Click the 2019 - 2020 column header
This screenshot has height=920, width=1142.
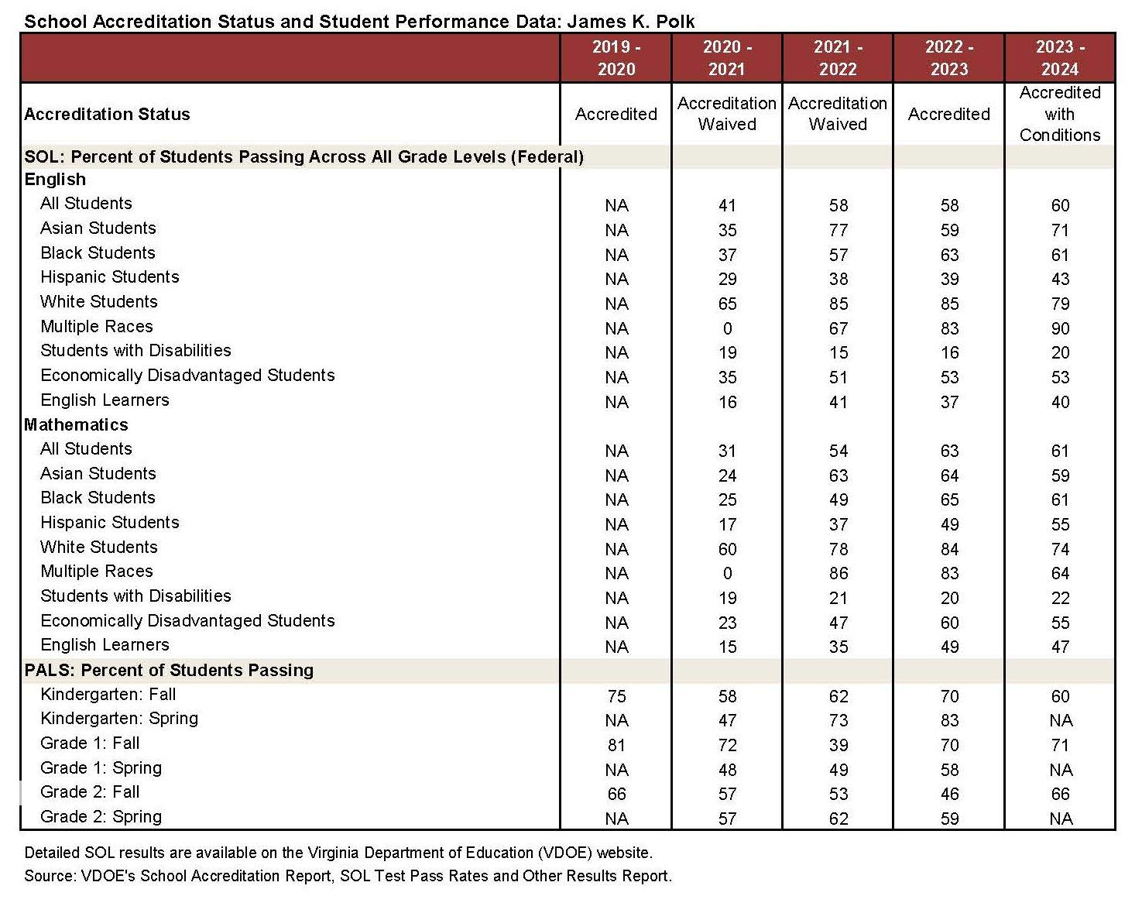tap(616, 58)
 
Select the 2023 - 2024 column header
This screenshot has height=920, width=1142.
tap(1060, 58)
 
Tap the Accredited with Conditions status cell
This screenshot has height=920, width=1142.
tap(1060, 114)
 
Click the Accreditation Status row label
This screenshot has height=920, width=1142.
tap(107, 115)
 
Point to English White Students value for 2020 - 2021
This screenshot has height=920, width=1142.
tap(727, 304)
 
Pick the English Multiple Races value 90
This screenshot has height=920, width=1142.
tap(1060, 328)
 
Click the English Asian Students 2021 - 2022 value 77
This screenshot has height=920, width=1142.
tap(838, 230)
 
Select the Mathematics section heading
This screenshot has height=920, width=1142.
tap(76, 424)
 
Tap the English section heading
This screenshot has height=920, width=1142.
tap(55, 180)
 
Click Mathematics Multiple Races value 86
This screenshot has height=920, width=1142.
tap(838, 574)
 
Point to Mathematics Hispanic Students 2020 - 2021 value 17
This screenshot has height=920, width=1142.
tap(727, 524)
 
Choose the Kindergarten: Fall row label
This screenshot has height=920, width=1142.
tap(108, 695)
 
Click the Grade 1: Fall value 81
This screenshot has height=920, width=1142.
tap(616, 745)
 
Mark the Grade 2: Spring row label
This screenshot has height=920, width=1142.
tap(101, 817)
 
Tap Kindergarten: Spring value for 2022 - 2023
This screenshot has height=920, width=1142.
tap(949, 720)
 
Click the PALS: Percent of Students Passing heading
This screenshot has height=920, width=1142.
tap(169, 671)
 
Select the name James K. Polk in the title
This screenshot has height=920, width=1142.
tap(631, 21)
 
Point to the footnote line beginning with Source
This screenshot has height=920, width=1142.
tap(348, 876)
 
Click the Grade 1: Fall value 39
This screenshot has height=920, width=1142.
tap(838, 745)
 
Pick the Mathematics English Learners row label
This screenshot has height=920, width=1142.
tap(105, 645)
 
